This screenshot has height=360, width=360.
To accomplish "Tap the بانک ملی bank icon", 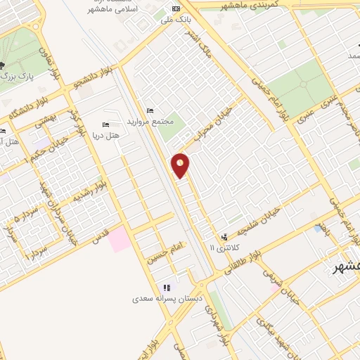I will pyautogui.click(x=176, y=9).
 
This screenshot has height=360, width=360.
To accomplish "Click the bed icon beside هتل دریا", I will pyautogui.click(x=105, y=125).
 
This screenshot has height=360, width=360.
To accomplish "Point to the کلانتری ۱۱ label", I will pyautogui.click(x=226, y=247).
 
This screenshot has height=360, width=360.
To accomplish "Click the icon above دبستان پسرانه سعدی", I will pyautogui.click(x=167, y=288).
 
